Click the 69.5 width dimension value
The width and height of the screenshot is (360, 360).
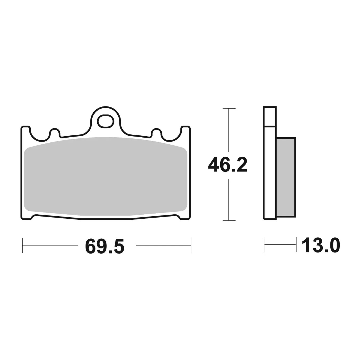click(x=105, y=246)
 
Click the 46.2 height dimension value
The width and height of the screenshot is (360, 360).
click(x=227, y=165)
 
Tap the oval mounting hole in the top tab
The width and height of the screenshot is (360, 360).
click(x=106, y=121)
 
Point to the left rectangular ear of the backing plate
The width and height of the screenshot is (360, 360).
click(x=26, y=131)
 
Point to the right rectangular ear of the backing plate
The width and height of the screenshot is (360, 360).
click(x=186, y=131)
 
